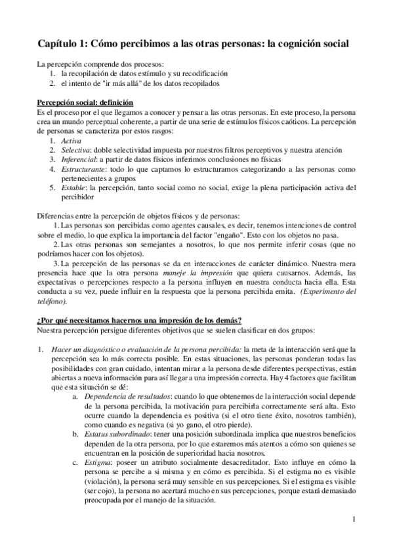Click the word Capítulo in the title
pos(60,43)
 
